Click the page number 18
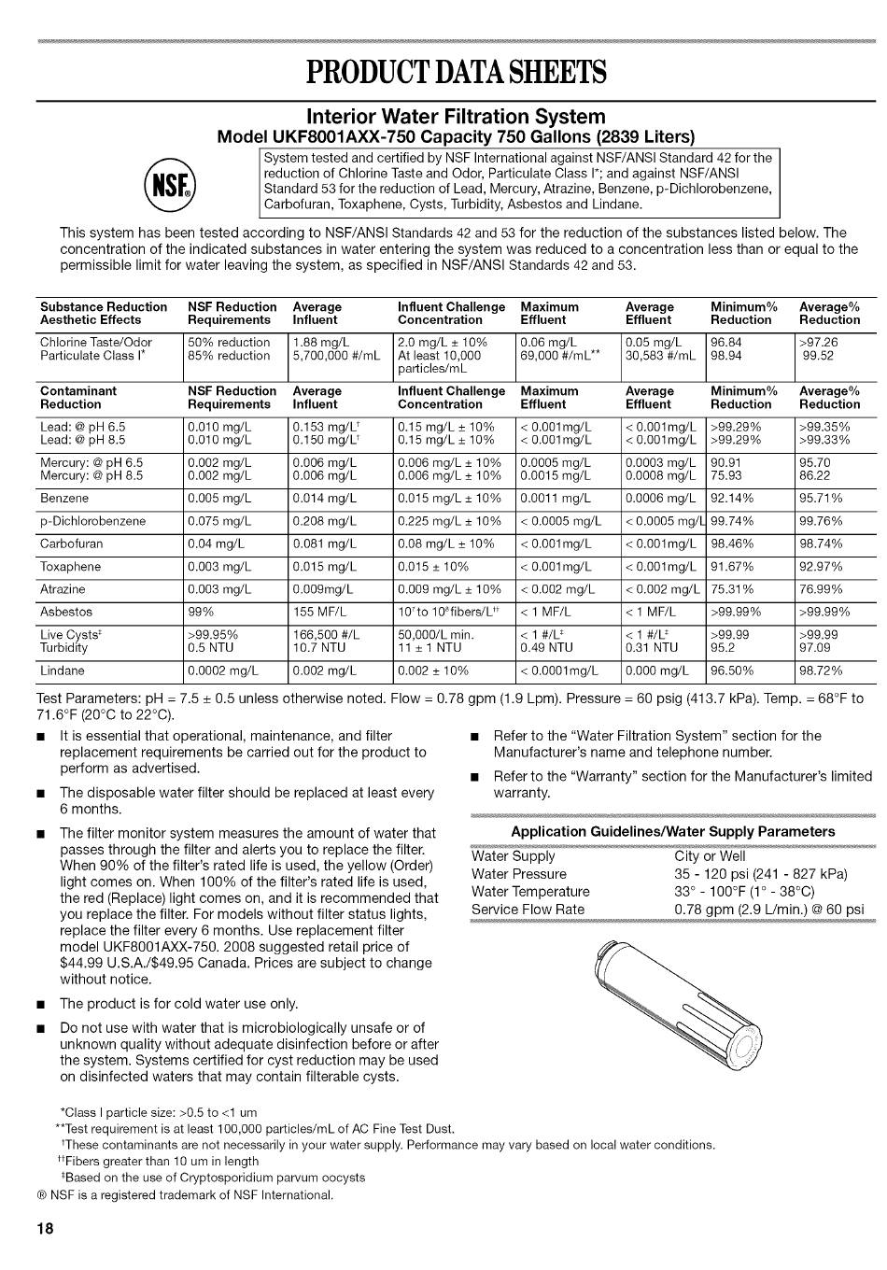click(x=45, y=1227)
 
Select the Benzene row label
click(x=64, y=499)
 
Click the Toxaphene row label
click(x=70, y=567)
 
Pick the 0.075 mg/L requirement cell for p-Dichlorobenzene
click(x=219, y=521)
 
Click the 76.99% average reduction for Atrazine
click(x=821, y=589)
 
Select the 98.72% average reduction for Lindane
click(x=821, y=670)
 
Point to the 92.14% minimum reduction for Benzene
click(x=737, y=499)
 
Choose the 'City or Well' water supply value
click(x=710, y=856)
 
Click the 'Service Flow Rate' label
click(x=528, y=910)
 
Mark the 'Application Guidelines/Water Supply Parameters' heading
click(x=672, y=831)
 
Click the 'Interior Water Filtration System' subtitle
click(x=456, y=117)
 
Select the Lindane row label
click(x=63, y=670)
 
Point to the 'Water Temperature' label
click(x=530, y=892)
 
